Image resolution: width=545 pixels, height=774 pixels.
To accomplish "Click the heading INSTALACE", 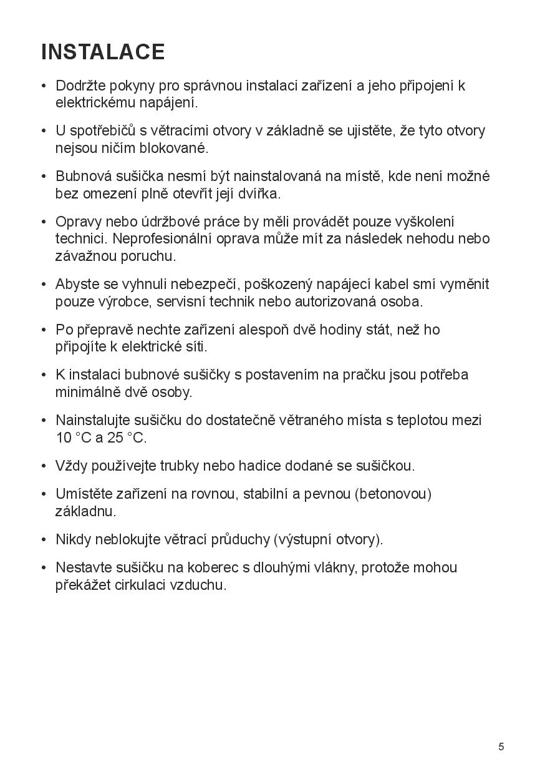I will click(103, 52).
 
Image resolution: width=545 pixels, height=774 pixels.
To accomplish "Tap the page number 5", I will click(501, 747).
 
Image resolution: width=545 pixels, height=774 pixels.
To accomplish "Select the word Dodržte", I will click(81, 86).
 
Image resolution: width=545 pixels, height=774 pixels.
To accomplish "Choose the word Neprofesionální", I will click(165, 238).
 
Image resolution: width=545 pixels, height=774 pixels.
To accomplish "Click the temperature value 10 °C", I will click(74, 438).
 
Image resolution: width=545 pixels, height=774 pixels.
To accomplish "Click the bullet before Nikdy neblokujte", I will click(44, 539).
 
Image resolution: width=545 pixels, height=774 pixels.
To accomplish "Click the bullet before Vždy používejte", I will click(44, 466).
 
